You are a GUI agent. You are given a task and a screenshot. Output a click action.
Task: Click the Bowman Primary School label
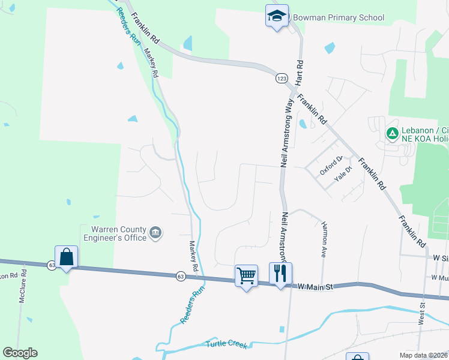[x=338, y=17]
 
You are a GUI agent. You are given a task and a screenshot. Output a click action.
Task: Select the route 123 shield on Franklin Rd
[x=282, y=79]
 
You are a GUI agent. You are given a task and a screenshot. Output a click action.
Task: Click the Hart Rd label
[x=299, y=72]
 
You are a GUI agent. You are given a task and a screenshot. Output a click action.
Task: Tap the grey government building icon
[x=155, y=233]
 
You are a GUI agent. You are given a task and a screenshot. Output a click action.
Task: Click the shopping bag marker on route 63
[x=66, y=257]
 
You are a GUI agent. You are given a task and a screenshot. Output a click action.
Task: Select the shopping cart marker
[x=246, y=275]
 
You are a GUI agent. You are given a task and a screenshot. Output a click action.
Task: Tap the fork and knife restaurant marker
[x=280, y=274]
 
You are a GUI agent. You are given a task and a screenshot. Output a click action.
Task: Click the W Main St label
[x=315, y=287]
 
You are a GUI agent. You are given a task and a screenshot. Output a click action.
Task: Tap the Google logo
[x=20, y=353]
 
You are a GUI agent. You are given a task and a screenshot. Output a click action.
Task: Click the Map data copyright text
[x=423, y=355]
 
